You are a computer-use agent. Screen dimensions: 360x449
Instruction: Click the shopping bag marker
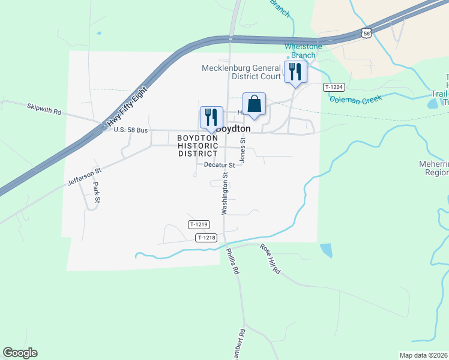pos(254,104)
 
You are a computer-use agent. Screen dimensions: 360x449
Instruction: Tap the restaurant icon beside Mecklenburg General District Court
pos(295,72)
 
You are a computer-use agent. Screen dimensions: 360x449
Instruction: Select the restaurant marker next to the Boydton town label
pos(211,116)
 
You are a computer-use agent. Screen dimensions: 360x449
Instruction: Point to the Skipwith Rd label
pos(44,110)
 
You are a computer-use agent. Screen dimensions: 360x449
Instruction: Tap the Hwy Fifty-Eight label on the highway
pos(127,106)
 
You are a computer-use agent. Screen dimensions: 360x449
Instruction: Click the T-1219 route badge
pos(198,224)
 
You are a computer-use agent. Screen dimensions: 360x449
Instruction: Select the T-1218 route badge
pos(206,238)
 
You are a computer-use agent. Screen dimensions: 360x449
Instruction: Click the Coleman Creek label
pos(352,100)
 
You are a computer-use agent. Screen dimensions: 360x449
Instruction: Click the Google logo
pos(20,353)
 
